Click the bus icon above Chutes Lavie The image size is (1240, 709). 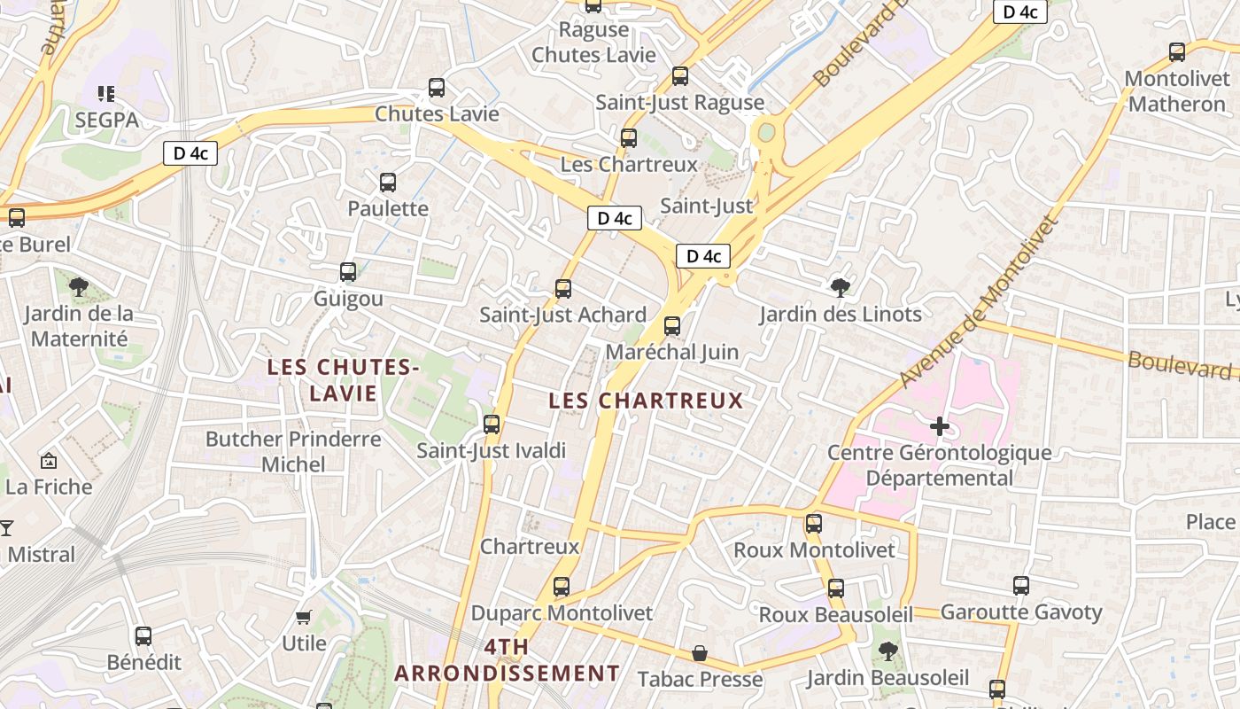[437, 88]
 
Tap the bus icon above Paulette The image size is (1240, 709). [388, 183]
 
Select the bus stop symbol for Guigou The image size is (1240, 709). [348, 272]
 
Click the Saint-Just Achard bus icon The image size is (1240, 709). [563, 288]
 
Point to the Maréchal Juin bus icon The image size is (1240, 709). [672, 325]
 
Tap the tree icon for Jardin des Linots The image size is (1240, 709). [840, 287]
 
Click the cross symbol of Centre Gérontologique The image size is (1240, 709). [940, 426]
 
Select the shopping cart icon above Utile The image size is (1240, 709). [304, 617]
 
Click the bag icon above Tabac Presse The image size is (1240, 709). [700, 653]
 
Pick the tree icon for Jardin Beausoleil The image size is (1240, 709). [887, 651]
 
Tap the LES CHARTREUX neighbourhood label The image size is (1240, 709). [646, 401]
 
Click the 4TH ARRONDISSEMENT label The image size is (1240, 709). [507, 659]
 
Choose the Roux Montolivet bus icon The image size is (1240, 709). [814, 524]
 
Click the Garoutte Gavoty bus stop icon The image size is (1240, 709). [1021, 586]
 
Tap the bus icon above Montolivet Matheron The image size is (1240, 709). [1177, 52]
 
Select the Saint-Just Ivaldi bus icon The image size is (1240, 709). [492, 425]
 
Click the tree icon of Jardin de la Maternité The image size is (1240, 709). [79, 286]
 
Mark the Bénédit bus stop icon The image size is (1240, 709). [143, 635]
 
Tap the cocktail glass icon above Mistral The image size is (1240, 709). [7, 527]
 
